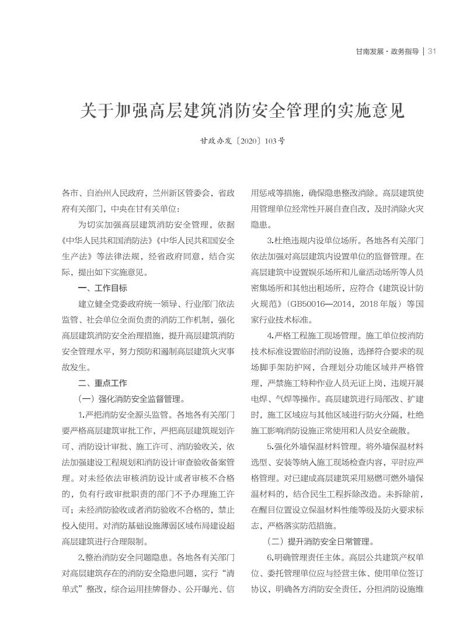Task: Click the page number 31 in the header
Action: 433,51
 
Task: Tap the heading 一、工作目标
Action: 102,288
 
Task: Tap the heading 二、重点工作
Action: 102,383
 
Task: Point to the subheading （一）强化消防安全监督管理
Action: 131,400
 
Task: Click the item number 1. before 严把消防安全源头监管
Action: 82,415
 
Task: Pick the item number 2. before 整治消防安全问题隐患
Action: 82,558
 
